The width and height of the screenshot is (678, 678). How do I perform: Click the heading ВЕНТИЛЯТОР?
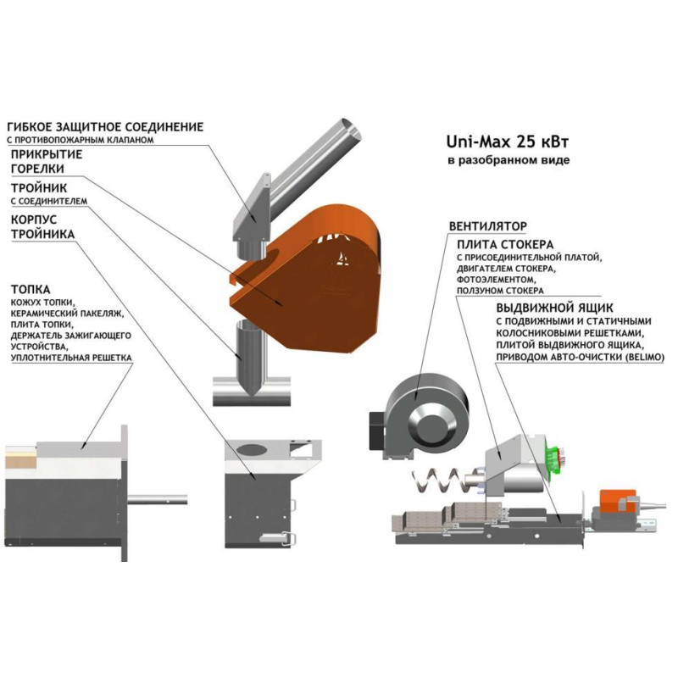487,226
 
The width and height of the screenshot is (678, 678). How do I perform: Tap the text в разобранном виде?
508,159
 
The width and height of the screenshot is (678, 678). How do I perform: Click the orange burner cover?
314,280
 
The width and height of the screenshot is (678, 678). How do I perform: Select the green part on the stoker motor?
553,458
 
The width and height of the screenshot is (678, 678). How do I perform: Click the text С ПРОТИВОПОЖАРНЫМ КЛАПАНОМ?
81,140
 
